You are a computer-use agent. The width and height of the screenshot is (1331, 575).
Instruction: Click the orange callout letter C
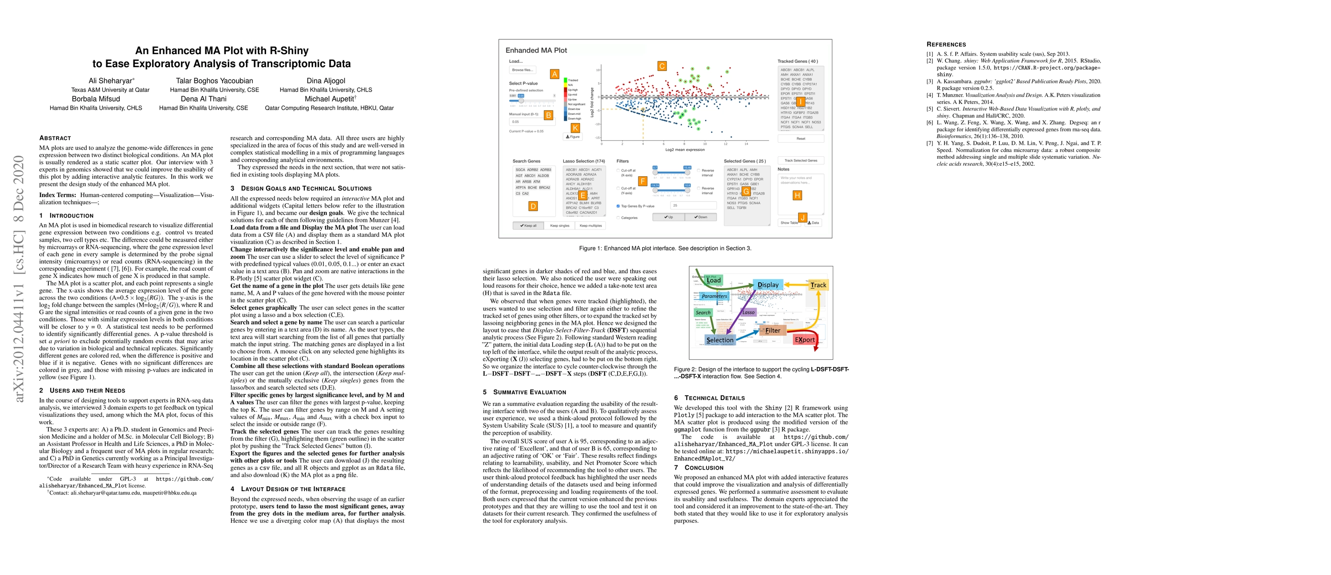tap(662, 66)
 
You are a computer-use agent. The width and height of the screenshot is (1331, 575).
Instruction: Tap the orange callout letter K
tap(575, 128)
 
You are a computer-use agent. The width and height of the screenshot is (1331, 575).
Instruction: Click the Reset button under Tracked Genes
tap(800, 138)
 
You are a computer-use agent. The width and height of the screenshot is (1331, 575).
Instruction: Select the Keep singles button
tap(559, 226)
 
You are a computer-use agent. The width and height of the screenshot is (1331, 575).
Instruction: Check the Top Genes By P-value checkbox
tap(618, 206)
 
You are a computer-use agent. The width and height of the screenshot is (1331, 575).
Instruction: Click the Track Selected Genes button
tap(800, 161)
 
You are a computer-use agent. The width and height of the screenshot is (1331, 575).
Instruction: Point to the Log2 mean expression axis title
tap(684, 150)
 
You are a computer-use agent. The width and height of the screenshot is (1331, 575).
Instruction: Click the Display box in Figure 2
tap(768, 285)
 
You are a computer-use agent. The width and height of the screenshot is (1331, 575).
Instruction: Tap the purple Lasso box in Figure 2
tap(749, 312)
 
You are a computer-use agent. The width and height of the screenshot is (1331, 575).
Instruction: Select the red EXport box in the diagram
tap(805, 340)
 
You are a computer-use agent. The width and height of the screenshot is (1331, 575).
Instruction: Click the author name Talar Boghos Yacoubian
tap(214, 80)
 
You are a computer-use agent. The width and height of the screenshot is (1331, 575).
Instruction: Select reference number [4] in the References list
tap(929, 95)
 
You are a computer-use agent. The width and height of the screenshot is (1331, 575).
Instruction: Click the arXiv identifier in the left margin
tap(19, 279)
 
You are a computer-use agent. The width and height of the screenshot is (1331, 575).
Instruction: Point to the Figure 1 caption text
tap(665, 248)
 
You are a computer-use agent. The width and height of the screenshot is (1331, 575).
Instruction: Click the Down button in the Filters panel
tap(701, 217)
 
